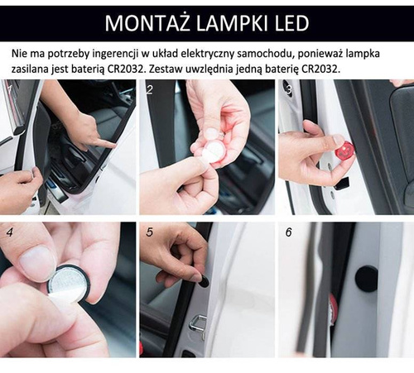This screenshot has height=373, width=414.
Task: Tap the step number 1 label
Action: click(x=8, y=86)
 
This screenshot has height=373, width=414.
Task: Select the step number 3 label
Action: click(x=287, y=86)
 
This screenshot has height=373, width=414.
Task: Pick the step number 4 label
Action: click(x=9, y=232)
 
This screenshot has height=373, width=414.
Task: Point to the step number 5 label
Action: click(x=149, y=232)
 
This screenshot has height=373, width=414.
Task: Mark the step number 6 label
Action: click(x=288, y=232)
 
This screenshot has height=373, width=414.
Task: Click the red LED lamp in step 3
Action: click(x=344, y=151)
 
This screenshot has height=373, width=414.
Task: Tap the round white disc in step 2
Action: click(x=214, y=151)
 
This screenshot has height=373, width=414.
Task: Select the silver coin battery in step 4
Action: click(x=68, y=285)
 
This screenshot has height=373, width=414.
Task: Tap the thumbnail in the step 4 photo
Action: click(x=37, y=263)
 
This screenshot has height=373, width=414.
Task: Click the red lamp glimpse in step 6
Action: click(x=333, y=310)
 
